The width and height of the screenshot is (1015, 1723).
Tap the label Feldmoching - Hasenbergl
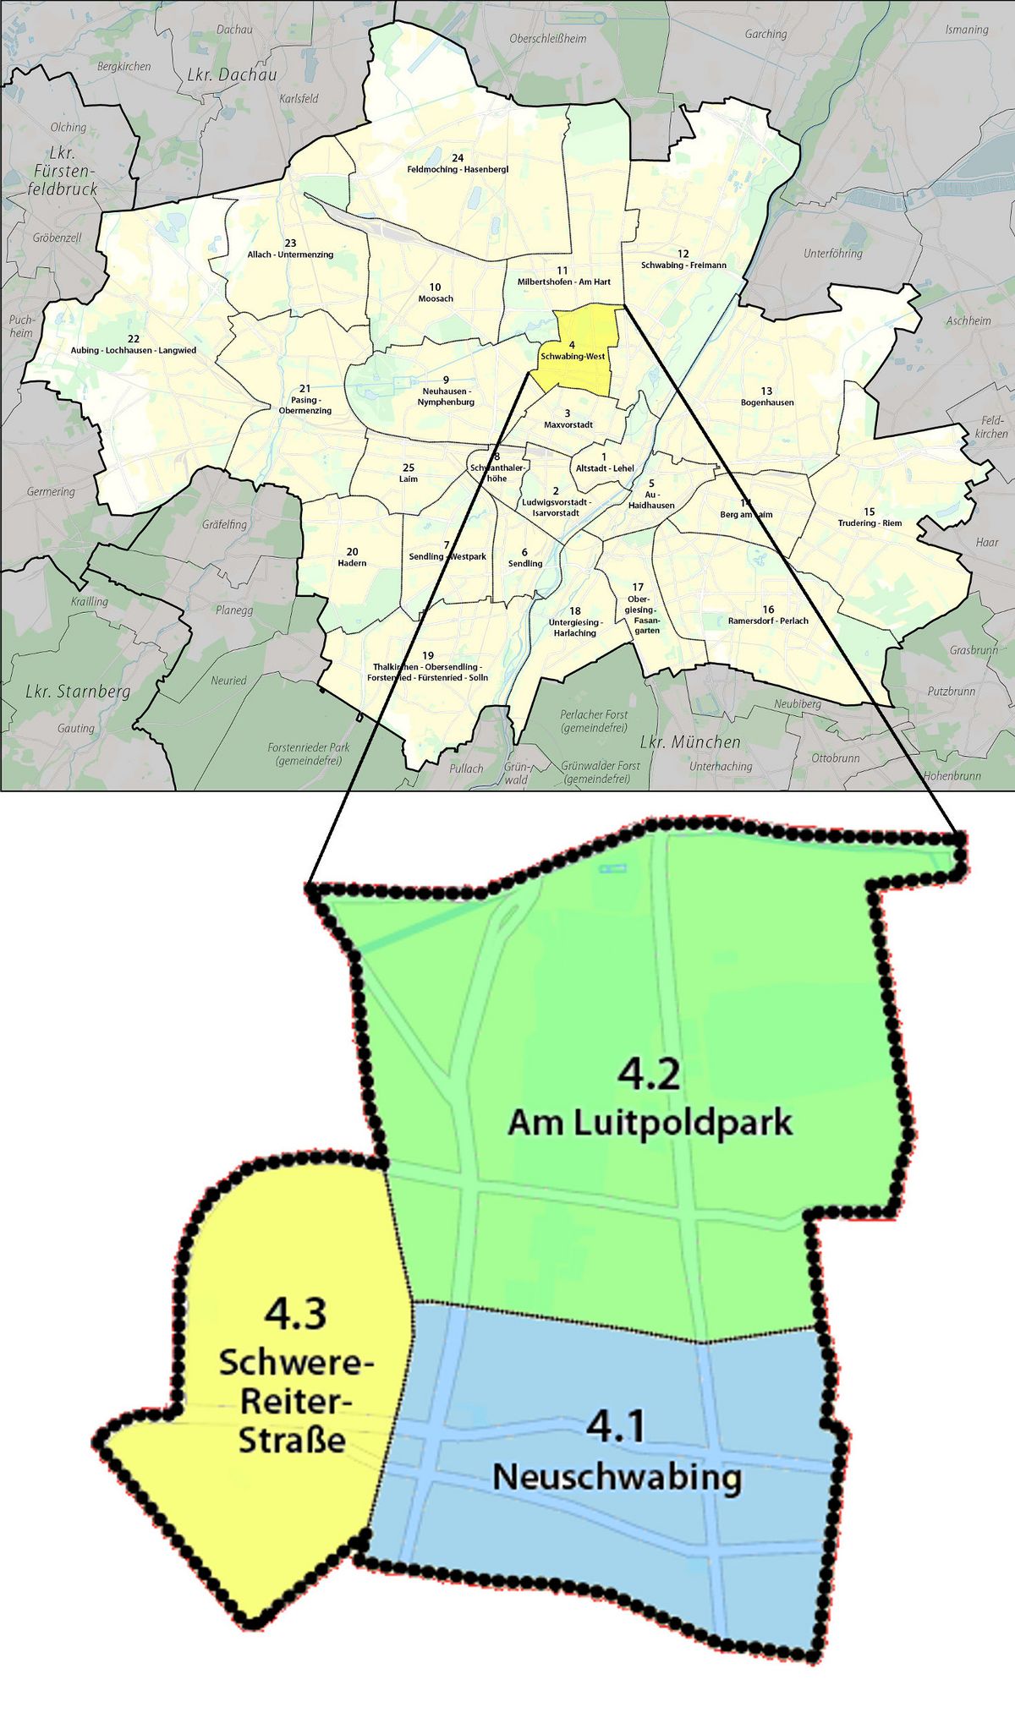pos(458,169)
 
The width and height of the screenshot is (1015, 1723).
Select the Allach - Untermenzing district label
pos(290,254)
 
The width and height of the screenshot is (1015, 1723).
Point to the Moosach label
pos(436,298)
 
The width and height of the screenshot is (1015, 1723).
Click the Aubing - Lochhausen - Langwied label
pos(134,350)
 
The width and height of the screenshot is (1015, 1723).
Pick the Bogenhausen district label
pos(767,402)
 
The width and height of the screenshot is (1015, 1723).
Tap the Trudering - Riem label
pos(870,522)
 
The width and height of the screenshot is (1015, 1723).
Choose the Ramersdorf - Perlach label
pos(768,621)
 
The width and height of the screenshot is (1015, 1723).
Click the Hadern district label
pos(352,563)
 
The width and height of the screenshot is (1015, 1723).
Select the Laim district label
pos(409,479)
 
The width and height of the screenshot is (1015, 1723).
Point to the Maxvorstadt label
pos(568,424)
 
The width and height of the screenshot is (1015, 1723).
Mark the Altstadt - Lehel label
pos(605,468)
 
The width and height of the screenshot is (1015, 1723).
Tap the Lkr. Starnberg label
pos(78,692)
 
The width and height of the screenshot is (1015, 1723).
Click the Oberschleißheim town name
pos(547,39)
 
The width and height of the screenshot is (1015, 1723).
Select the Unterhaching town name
pos(721,766)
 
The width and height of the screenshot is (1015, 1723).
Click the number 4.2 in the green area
pos(649,1074)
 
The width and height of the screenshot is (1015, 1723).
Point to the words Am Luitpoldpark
pos(650,1123)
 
